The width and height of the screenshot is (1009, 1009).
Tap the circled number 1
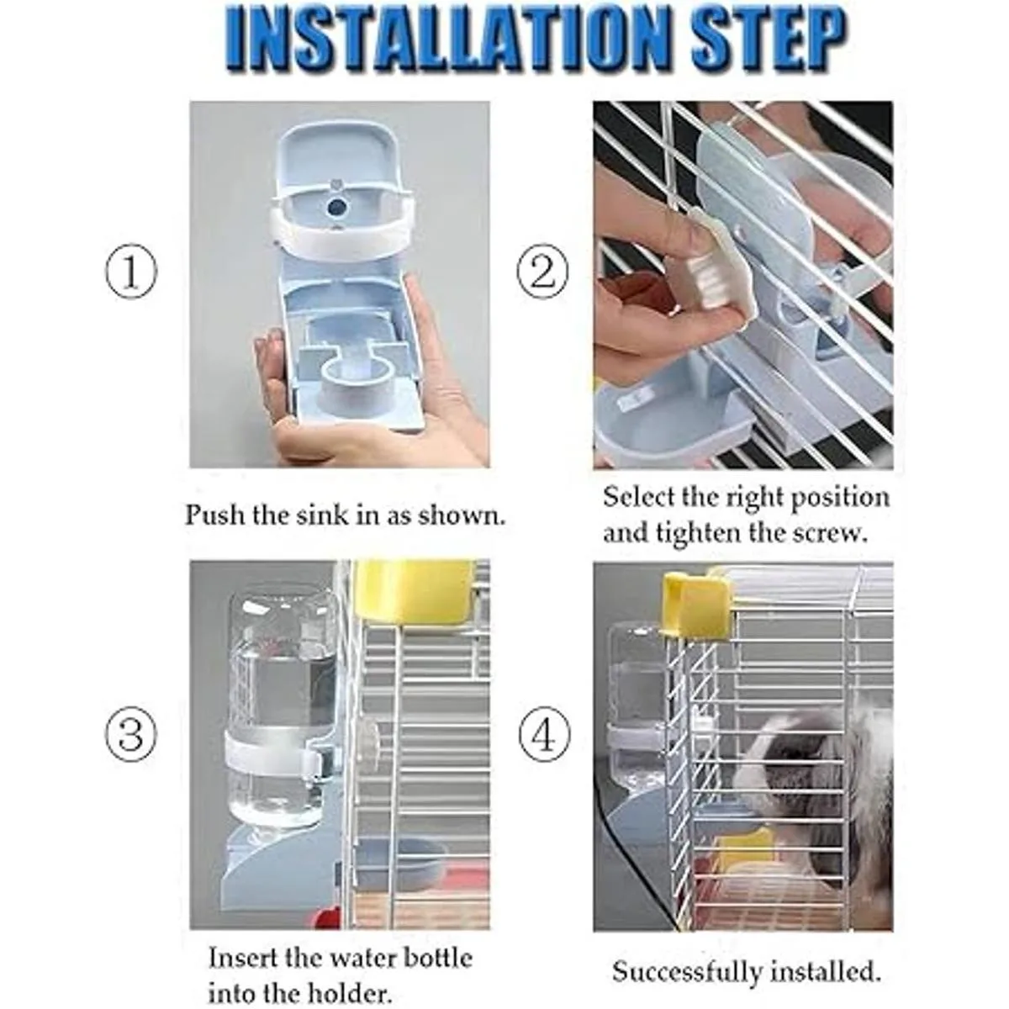(x=131, y=271)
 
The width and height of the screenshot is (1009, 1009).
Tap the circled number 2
(x=543, y=271)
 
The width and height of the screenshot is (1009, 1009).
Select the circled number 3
(x=131, y=733)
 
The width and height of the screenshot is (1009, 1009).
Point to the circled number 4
(x=543, y=733)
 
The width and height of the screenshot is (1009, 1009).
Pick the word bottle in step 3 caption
(x=438, y=944)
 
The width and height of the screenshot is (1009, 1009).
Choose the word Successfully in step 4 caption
(x=687, y=958)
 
